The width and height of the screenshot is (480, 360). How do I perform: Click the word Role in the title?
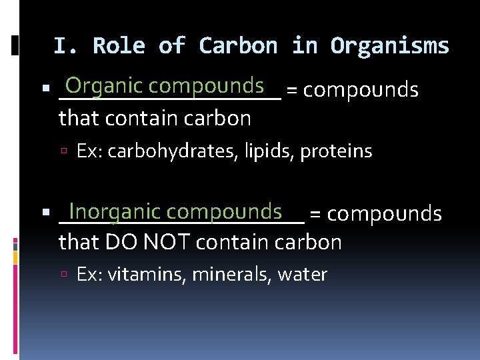coord(119,46)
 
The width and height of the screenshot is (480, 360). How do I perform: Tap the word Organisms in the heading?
coord(390,46)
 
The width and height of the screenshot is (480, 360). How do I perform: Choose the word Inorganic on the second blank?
coord(114,212)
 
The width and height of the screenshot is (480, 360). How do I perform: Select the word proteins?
coord(336,152)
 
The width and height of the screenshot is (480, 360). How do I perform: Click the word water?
coord(303,275)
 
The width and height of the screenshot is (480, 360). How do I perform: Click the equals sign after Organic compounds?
coord(292,90)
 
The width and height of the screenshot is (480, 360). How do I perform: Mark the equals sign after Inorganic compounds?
coord(317,214)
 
